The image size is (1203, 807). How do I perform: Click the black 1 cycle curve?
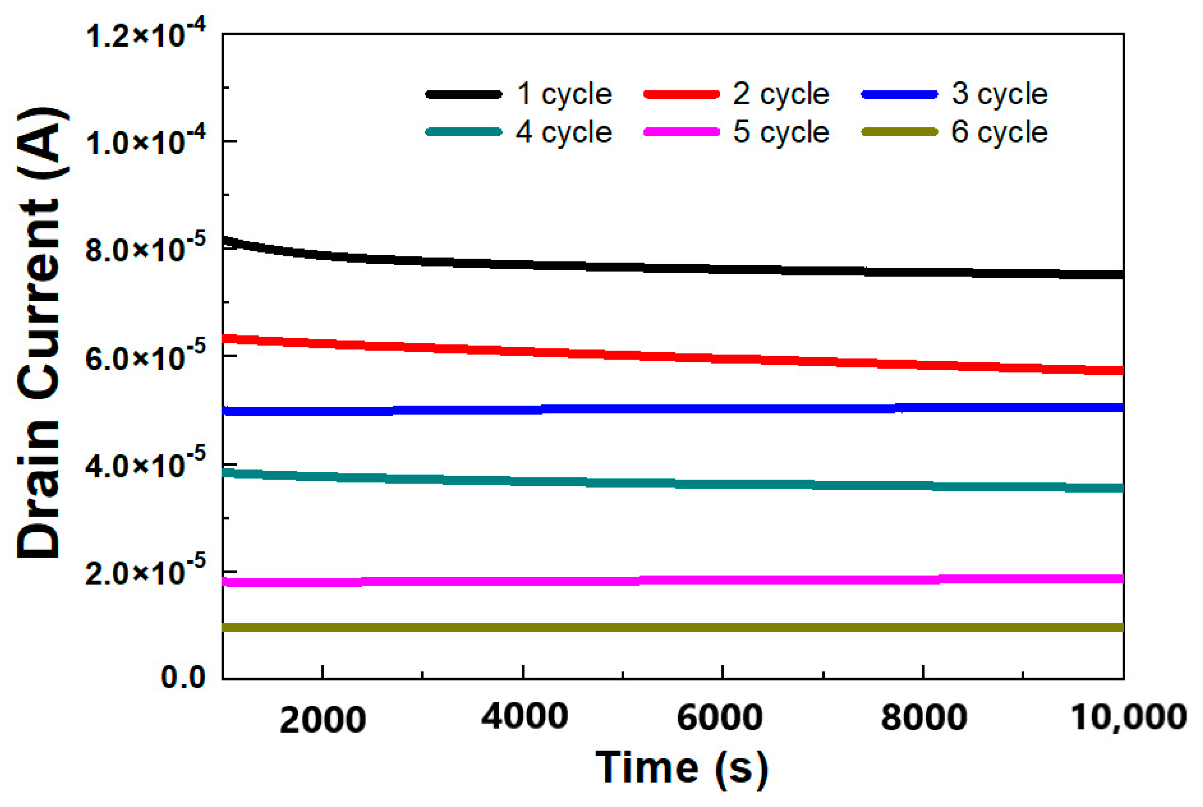[670, 268]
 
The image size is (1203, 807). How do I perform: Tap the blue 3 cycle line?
[670, 409]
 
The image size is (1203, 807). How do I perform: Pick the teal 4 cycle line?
[670, 484]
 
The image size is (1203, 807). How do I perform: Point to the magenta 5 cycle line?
[670, 580]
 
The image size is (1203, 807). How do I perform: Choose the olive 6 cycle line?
[670, 627]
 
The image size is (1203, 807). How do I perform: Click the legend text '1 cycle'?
[564, 94]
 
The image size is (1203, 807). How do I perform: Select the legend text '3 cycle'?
[999, 94]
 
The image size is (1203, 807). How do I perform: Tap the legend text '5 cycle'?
[781, 132]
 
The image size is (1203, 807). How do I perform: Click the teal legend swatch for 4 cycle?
[464, 132]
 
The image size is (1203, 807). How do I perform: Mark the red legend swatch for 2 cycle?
[681, 94]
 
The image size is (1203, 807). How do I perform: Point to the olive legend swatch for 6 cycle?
[899, 132]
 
